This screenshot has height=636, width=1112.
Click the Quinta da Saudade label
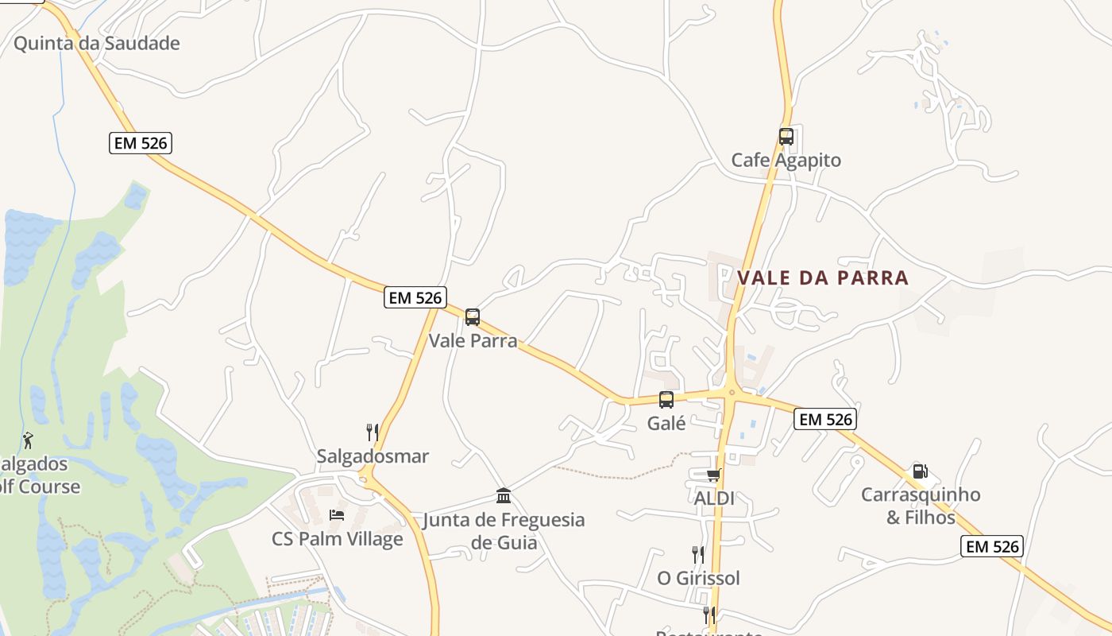[x=97, y=43]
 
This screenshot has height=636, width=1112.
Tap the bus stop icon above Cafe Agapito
[x=786, y=136]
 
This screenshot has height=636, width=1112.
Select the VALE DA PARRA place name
[x=823, y=277]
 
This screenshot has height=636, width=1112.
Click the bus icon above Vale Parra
[x=473, y=317]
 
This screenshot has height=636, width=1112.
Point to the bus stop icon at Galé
[x=666, y=400]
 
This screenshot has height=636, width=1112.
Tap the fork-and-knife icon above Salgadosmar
[x=372, y=432]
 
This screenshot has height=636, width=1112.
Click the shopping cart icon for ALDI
[x=713, y=475]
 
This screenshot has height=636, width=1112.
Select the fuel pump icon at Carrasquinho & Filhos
[x=920, y=471]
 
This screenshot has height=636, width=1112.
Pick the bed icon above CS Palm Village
[x=337, y=515]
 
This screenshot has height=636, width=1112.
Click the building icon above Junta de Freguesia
[x=503, y=496]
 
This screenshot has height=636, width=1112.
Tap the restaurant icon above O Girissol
[x=697, y=554]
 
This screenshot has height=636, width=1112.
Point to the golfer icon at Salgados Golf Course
[x=29, y=440]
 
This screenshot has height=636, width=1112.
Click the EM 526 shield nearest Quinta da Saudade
[x=141, y=143]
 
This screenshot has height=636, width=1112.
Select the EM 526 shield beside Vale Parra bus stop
[x=415, y=297]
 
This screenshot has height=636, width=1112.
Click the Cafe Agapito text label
[x=786, y=160]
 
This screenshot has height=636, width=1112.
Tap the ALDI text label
[x=714, y=498]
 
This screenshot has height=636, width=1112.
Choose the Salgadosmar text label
[x=373, y=456]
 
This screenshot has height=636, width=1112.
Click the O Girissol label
[x=698, y=578]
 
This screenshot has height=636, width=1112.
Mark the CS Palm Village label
[x=338, y=539]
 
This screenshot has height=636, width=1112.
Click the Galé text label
[x=666, y=423]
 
